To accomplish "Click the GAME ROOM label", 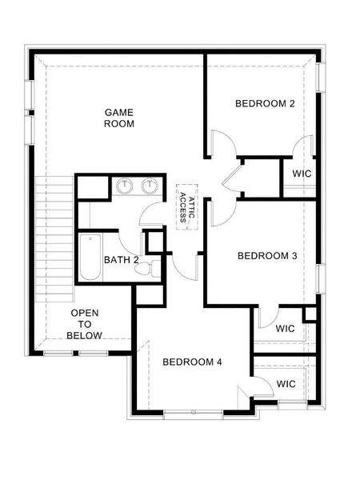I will (119, 118).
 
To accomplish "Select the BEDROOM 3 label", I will (267, 256).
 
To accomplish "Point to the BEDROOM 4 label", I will (192, 362).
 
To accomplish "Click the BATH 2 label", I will (121, 260).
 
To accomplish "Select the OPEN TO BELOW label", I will (85, 323).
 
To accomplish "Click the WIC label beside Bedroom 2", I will (302, 174).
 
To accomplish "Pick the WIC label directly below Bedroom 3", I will (286, 328).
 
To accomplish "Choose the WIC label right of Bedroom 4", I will (286, 384).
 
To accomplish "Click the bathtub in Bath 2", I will (90, 257).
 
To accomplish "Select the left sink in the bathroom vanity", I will (124, 186).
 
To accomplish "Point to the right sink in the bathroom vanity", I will (150, 186).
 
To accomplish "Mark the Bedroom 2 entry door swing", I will (223, 144).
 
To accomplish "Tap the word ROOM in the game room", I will (119, 124).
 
